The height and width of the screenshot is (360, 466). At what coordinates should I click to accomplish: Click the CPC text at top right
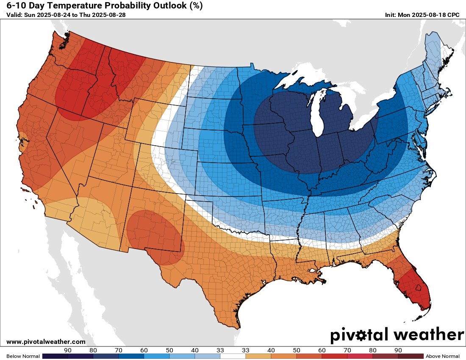tap(453, 15)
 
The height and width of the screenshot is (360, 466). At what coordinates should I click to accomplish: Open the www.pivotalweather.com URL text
tap(46, 341)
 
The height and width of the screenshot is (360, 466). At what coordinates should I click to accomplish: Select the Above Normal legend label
tap(442, 356)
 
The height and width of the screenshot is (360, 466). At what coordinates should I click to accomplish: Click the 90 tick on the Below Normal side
tap(67, 350)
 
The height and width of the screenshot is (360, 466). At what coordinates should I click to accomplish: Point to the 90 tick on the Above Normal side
tap(398, 350)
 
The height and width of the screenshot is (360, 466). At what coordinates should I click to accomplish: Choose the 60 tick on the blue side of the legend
tap(144, 350)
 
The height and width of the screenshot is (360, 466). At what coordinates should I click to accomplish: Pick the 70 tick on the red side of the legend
tap(347, 350)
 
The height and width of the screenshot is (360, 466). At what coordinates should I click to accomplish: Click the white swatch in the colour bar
tap(233, 356)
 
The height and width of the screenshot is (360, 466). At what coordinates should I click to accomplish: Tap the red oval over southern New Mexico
tap(155, 237)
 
